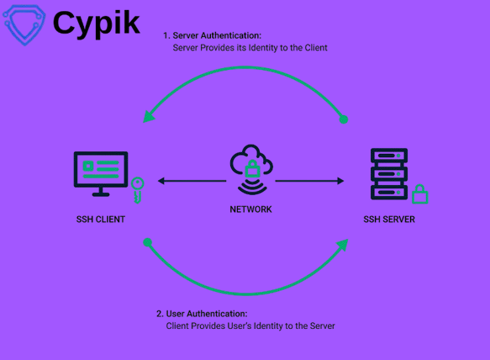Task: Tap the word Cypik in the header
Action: [97, 23]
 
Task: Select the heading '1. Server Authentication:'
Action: [212, 36]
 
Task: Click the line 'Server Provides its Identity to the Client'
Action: [250, 48]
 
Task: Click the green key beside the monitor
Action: [137, 189]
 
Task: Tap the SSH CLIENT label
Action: [101, 220]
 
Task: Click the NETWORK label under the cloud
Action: [250, 209]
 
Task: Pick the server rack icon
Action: [389, 174]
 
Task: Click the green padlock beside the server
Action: [419, 194]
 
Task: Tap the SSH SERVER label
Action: [389, 220]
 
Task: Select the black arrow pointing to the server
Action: [310, 181]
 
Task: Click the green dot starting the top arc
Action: [343, 119]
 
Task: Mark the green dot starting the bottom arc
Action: [148, 242]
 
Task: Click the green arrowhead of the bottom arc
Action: [342, 245]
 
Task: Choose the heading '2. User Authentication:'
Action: [202, 314]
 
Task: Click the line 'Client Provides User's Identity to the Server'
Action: [250, 326]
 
